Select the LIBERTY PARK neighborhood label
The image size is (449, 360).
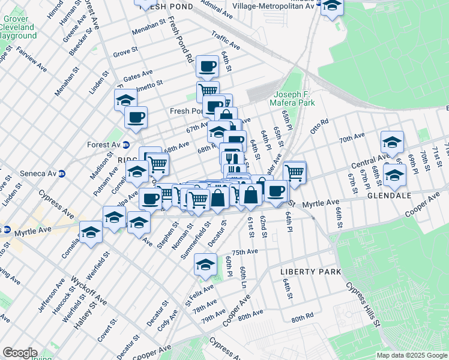(x=311, y=272)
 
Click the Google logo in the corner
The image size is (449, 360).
(x=19, y=353)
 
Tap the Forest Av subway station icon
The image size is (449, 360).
(x=125, y=145)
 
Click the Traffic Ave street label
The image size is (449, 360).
(x=226, y=41)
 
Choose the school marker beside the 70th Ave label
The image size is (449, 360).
(x=391, y=143)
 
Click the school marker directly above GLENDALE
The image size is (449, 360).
(x=394, y=175)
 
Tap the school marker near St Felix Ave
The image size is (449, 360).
(x=205, y=265)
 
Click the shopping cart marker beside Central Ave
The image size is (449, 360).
(x=294, y=172)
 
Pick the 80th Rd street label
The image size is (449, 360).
(x=302, y=316)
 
